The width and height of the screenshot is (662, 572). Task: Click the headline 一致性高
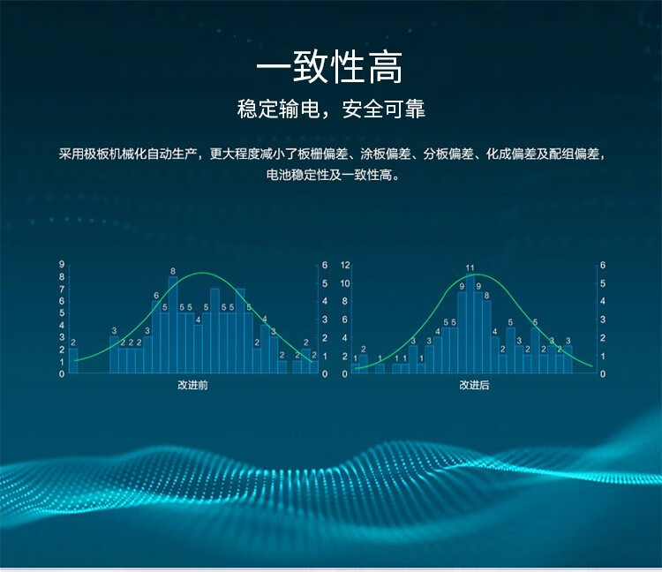[330, 67]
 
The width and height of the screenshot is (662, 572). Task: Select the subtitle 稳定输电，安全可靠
[331, 109]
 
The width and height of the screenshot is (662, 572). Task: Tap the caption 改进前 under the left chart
[192, 385]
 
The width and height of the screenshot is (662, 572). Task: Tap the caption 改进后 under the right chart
[474, 385]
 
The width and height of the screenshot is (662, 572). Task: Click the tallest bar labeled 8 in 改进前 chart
[173, 325]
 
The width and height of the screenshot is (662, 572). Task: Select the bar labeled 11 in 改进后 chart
[470, 324]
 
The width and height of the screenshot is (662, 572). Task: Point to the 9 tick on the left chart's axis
[62, 265]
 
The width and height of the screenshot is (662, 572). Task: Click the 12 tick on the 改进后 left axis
[345, 265]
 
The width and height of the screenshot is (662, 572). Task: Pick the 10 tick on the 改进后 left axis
[345, 283]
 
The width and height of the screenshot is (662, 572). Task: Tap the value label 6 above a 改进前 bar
[156, 296]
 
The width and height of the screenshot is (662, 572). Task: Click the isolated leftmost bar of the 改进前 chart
[73, 361]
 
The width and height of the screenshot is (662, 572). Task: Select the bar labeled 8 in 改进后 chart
[486, 337]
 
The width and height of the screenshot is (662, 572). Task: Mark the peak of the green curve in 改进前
[203, 273]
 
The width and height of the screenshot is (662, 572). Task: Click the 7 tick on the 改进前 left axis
[62, 290]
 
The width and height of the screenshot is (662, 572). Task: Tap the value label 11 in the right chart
[470, 268]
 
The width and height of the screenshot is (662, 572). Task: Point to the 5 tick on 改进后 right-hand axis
[603, 283]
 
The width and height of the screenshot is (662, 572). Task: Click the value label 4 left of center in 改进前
[198, 320]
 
